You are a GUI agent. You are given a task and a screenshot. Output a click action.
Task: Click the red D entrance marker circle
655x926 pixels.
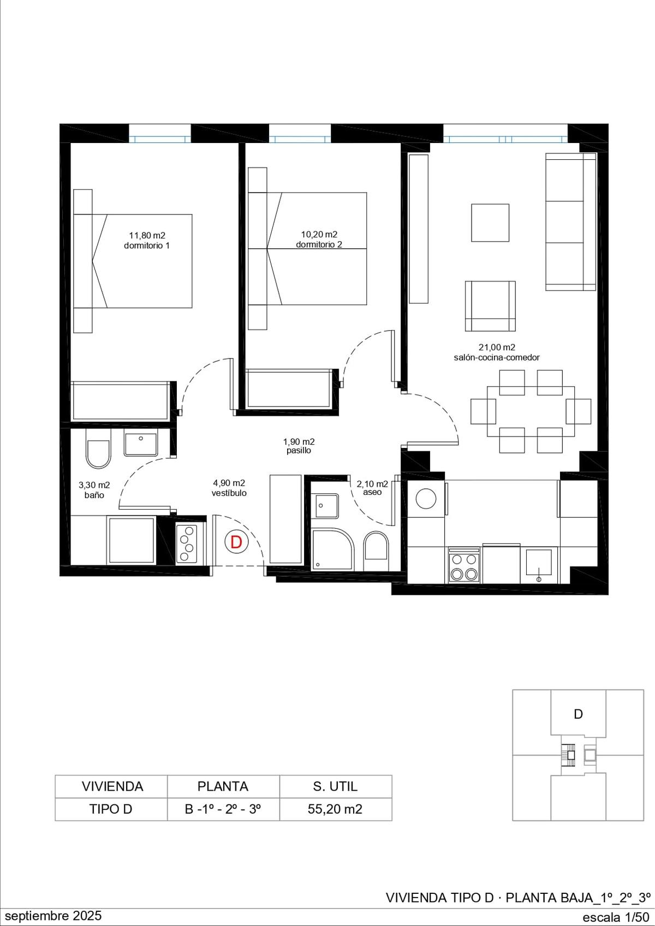(x=236, y=542)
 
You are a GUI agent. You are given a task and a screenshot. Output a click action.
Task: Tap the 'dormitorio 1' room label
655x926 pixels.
(x=147, y=246)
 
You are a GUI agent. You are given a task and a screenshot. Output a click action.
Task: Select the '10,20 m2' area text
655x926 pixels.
(x=319, y=235)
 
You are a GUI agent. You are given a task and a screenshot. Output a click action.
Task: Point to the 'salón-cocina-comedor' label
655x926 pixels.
(x=497, y=357)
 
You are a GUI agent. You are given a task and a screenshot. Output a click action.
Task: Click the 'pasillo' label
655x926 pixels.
(x=299, y=451)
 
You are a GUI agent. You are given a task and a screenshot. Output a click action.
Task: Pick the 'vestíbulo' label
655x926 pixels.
(x=229, y=493)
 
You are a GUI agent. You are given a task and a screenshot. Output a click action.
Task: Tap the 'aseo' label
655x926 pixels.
(x=372, y=492)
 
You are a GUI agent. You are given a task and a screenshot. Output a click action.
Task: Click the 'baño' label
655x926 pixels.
(x=94, y=495)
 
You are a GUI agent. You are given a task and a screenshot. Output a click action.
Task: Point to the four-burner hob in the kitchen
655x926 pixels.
(x=464, y=565)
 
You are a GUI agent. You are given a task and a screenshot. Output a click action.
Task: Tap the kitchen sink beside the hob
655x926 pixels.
(x=539, y=564)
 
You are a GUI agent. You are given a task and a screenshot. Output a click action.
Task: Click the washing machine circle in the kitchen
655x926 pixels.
(x=426, y=498)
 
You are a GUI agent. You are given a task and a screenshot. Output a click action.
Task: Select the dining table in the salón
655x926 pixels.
(x=531, y=411)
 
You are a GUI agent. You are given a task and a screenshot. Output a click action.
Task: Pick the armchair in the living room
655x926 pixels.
(x=490, y=306)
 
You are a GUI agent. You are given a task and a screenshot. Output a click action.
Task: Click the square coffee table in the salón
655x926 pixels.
(x=490, y=223)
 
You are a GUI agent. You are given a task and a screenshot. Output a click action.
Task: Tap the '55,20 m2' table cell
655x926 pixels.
(x=335, y=809)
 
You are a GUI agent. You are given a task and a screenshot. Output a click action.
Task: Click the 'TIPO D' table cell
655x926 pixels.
(x=111, y=809)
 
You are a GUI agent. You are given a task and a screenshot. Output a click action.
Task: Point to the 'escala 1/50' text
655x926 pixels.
(x=616, y=917)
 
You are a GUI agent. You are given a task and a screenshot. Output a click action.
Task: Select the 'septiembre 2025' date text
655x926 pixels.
(x=53, y=916)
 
